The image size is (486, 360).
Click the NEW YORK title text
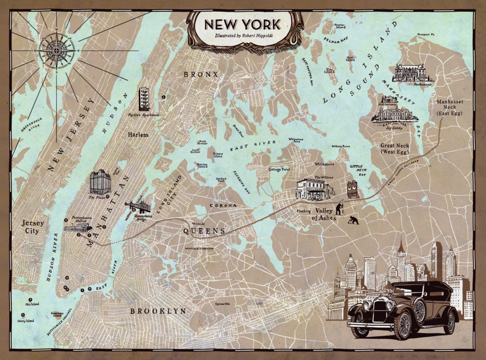point(242,24)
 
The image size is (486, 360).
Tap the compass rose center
point(56,50)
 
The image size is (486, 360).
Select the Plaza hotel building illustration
point(100,182)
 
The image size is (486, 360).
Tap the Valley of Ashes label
point(326,214)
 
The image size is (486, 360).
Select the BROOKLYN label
point(158,311)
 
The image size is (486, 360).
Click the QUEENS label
point(204,231)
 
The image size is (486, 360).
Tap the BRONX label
point(201,74)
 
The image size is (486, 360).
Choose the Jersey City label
point(32,227)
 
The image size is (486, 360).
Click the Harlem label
point(138,135)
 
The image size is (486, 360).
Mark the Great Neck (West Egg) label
point(395,149)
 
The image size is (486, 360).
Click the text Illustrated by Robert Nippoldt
point(242,36)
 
